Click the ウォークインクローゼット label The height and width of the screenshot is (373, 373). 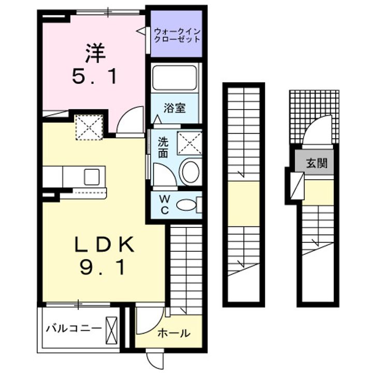click(176, 35)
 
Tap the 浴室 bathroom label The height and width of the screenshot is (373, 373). click(174, 108)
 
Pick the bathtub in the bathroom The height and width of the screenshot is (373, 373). click(175, 78)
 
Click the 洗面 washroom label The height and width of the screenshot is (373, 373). click(163, 147)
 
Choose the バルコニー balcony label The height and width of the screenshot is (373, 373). click(73, 328)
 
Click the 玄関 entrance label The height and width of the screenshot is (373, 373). click(317, 164)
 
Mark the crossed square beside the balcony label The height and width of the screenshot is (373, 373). click(111, 328)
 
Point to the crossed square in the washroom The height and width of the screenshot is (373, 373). click(189, 142)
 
